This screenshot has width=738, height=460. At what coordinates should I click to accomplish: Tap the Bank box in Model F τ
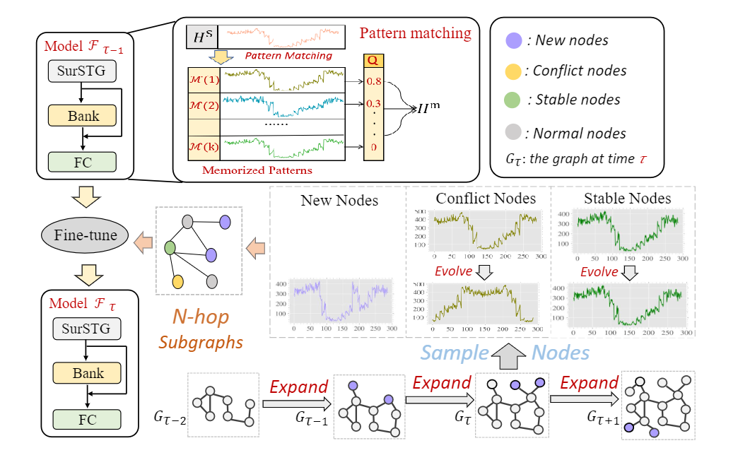coord(87,373)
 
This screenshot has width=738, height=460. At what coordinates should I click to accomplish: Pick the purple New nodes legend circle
coord(514,40)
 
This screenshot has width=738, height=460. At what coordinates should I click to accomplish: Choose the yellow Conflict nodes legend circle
coord(514,70)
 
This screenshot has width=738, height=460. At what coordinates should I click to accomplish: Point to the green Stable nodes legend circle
coord(514,100)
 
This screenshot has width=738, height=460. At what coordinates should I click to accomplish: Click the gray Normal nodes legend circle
coord(514,132)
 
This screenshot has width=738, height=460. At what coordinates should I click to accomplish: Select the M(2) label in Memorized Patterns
coord(204,105)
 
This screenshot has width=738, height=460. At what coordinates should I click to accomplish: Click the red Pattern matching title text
coord(415,33)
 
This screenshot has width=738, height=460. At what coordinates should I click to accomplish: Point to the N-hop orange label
coord(201,317)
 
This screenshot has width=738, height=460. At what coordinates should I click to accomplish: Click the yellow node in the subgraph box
coord(178,282)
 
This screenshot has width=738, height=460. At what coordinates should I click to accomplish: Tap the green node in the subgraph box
coord(170,249)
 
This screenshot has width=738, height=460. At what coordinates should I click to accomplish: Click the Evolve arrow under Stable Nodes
coord(628,272)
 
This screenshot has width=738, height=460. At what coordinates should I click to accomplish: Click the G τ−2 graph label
coord(170,418)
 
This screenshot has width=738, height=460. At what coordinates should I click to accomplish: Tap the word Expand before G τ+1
coord(588,383)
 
